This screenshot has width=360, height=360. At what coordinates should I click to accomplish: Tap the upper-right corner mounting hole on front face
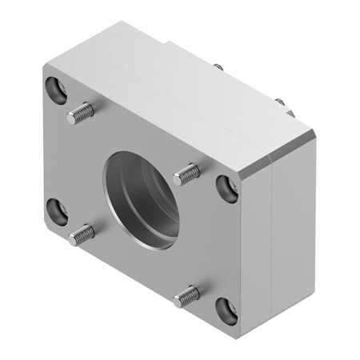coord(227,188)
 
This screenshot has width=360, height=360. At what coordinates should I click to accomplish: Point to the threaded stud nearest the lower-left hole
coord(82,234)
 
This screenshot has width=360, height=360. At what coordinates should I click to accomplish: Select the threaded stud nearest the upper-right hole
coord(186,171)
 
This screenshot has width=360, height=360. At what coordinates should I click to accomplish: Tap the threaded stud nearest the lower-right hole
coord(187,295)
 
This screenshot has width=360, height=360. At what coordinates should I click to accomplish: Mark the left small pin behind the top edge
coord(218,67)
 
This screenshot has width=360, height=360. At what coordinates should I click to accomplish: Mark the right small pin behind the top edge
coord(278,102)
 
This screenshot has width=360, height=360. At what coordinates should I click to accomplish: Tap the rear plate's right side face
coord(293,232)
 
